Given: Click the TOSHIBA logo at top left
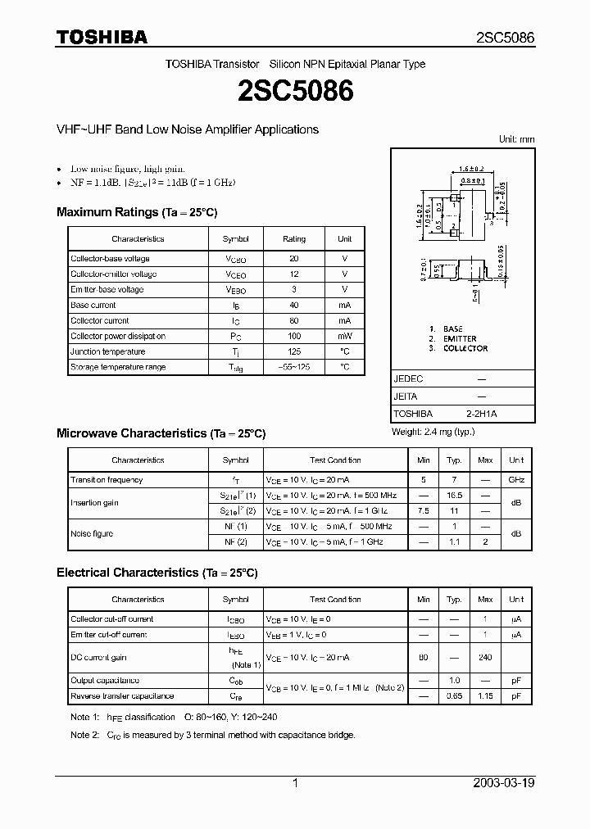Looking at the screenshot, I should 102,37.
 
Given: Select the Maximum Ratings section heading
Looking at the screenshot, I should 137,212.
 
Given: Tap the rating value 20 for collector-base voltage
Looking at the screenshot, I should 293,259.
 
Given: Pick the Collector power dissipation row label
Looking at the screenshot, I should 118,336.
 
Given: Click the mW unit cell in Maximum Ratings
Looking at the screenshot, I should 344,336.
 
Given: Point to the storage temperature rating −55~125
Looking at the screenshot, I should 293,367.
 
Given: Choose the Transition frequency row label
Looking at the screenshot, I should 107,480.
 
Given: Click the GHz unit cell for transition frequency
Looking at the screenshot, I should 516,480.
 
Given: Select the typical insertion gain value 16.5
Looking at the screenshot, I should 454,496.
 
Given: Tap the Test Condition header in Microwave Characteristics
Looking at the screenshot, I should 335,460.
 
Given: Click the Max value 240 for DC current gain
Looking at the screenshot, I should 485,658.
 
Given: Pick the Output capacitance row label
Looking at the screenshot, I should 105,681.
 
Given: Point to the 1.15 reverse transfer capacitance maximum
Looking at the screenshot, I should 485,696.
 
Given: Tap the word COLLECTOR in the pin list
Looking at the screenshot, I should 465,348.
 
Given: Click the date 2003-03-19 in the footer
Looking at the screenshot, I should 504,783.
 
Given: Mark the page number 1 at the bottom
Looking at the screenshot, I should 295,783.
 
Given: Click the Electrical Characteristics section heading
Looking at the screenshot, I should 157,573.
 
